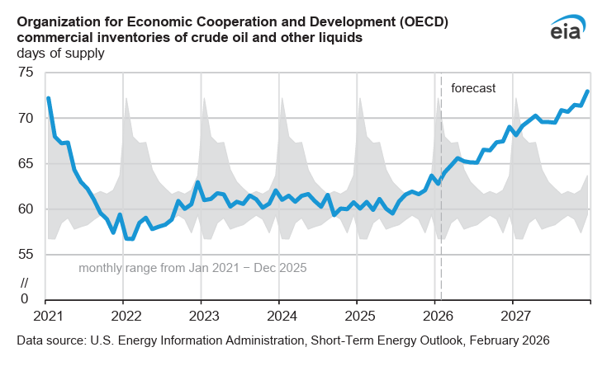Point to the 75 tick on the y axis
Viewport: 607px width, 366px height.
(26, 73)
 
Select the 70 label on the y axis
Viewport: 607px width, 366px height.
(26, 119)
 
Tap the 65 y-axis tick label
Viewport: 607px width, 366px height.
(26, 164)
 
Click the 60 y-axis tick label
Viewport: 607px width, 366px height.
(26, 209)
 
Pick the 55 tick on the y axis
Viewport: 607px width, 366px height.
(26, 255)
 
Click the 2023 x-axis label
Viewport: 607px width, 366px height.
(202, 316)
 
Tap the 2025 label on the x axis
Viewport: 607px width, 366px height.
(358, 316)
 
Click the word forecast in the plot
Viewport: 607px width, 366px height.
(473, 88)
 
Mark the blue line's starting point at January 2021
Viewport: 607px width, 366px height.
(49, 98)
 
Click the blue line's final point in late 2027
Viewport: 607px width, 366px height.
(587, 91)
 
